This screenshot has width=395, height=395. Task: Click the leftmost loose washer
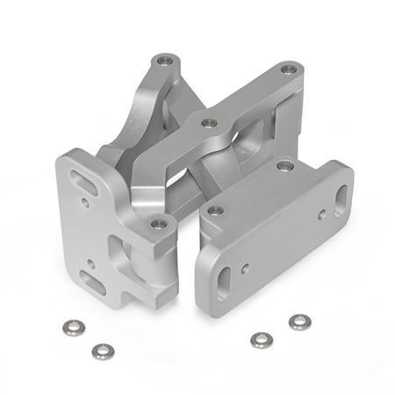coord(72,327)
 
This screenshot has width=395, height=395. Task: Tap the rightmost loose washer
coord(299,321)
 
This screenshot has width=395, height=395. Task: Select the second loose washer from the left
coord(102,350)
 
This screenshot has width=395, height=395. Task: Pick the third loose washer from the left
coord(259,339)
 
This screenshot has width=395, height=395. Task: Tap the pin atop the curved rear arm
coord(162,61)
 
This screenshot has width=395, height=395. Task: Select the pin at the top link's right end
coord(288,68)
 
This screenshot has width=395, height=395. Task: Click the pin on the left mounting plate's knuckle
coord(158,224)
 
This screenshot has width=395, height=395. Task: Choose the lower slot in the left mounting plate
coord(91,280)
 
